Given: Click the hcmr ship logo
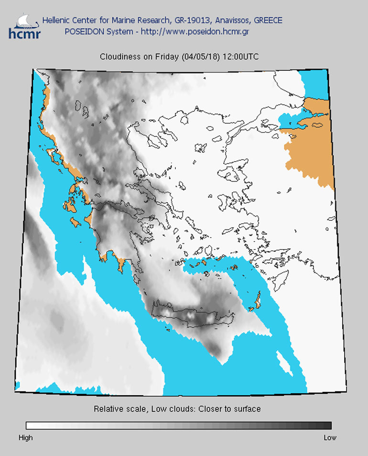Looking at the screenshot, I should [24, 26].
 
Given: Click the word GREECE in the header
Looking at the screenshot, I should [268, 21].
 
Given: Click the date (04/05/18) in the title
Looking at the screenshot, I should [200, 56].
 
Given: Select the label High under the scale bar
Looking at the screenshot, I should [25, 437].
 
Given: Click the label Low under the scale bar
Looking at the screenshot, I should [330, 437].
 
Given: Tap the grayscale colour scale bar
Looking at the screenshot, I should [178, 425].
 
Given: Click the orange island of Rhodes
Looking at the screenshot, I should [255, 302].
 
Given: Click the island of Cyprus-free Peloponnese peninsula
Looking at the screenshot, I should [115, 234].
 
